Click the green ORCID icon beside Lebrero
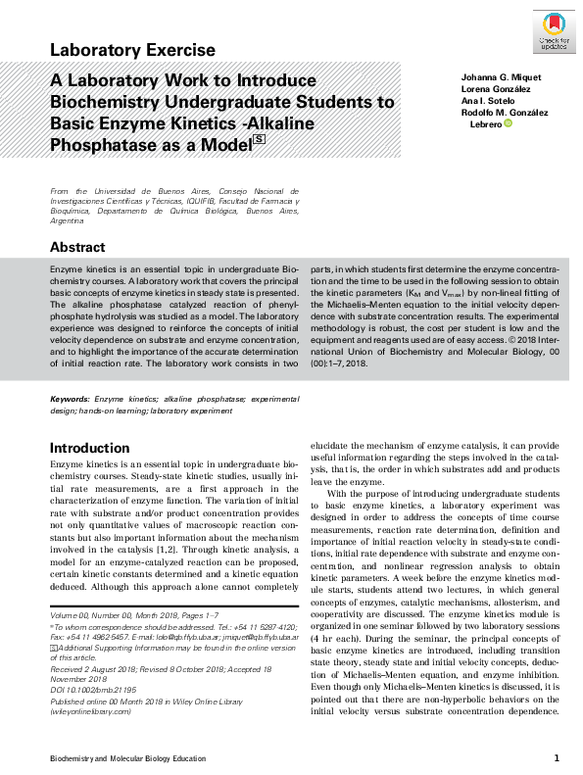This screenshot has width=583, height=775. [508, 123]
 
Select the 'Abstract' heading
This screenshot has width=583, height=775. [77, 248]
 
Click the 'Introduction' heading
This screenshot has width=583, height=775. [89, 448]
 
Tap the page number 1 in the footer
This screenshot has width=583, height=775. [556, 757]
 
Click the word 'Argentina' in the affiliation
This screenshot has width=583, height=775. [69, 222]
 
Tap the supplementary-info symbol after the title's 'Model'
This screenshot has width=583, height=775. [259, 141]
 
